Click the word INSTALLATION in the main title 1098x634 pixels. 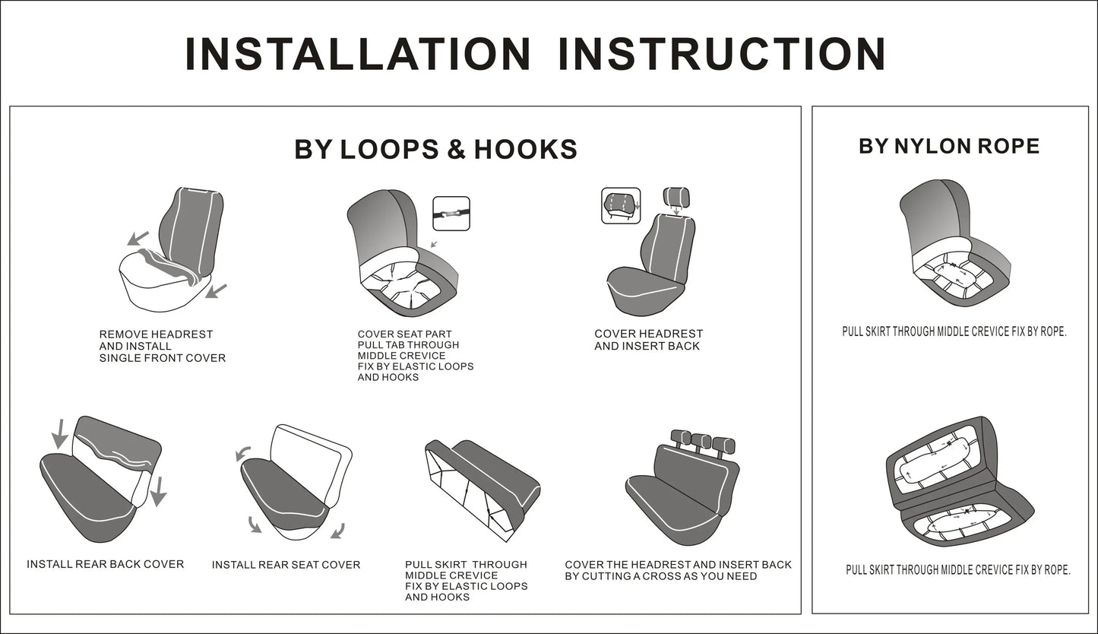point(358,54)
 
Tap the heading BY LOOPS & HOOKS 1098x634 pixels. point(435,149)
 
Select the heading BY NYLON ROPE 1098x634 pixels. point(949,146)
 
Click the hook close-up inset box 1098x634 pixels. point(451,214)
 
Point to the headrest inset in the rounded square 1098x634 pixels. point(621,205)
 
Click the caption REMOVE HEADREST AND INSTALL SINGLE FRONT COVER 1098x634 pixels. point(163,346)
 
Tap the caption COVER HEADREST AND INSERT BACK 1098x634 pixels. point(648,340)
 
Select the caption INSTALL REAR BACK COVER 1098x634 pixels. point(106,564)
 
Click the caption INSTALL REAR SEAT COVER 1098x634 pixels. point(286,565)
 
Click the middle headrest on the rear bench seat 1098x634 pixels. point(701,442)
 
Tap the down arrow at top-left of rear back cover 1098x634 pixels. point(60,434)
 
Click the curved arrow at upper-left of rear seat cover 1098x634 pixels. point(242,454)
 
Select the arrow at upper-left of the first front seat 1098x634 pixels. point(138,239)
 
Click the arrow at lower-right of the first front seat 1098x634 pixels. point(216,290)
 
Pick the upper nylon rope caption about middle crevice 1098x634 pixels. point(954,332)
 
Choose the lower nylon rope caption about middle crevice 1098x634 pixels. point(958,570)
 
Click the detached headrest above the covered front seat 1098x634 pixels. point(676,197)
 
